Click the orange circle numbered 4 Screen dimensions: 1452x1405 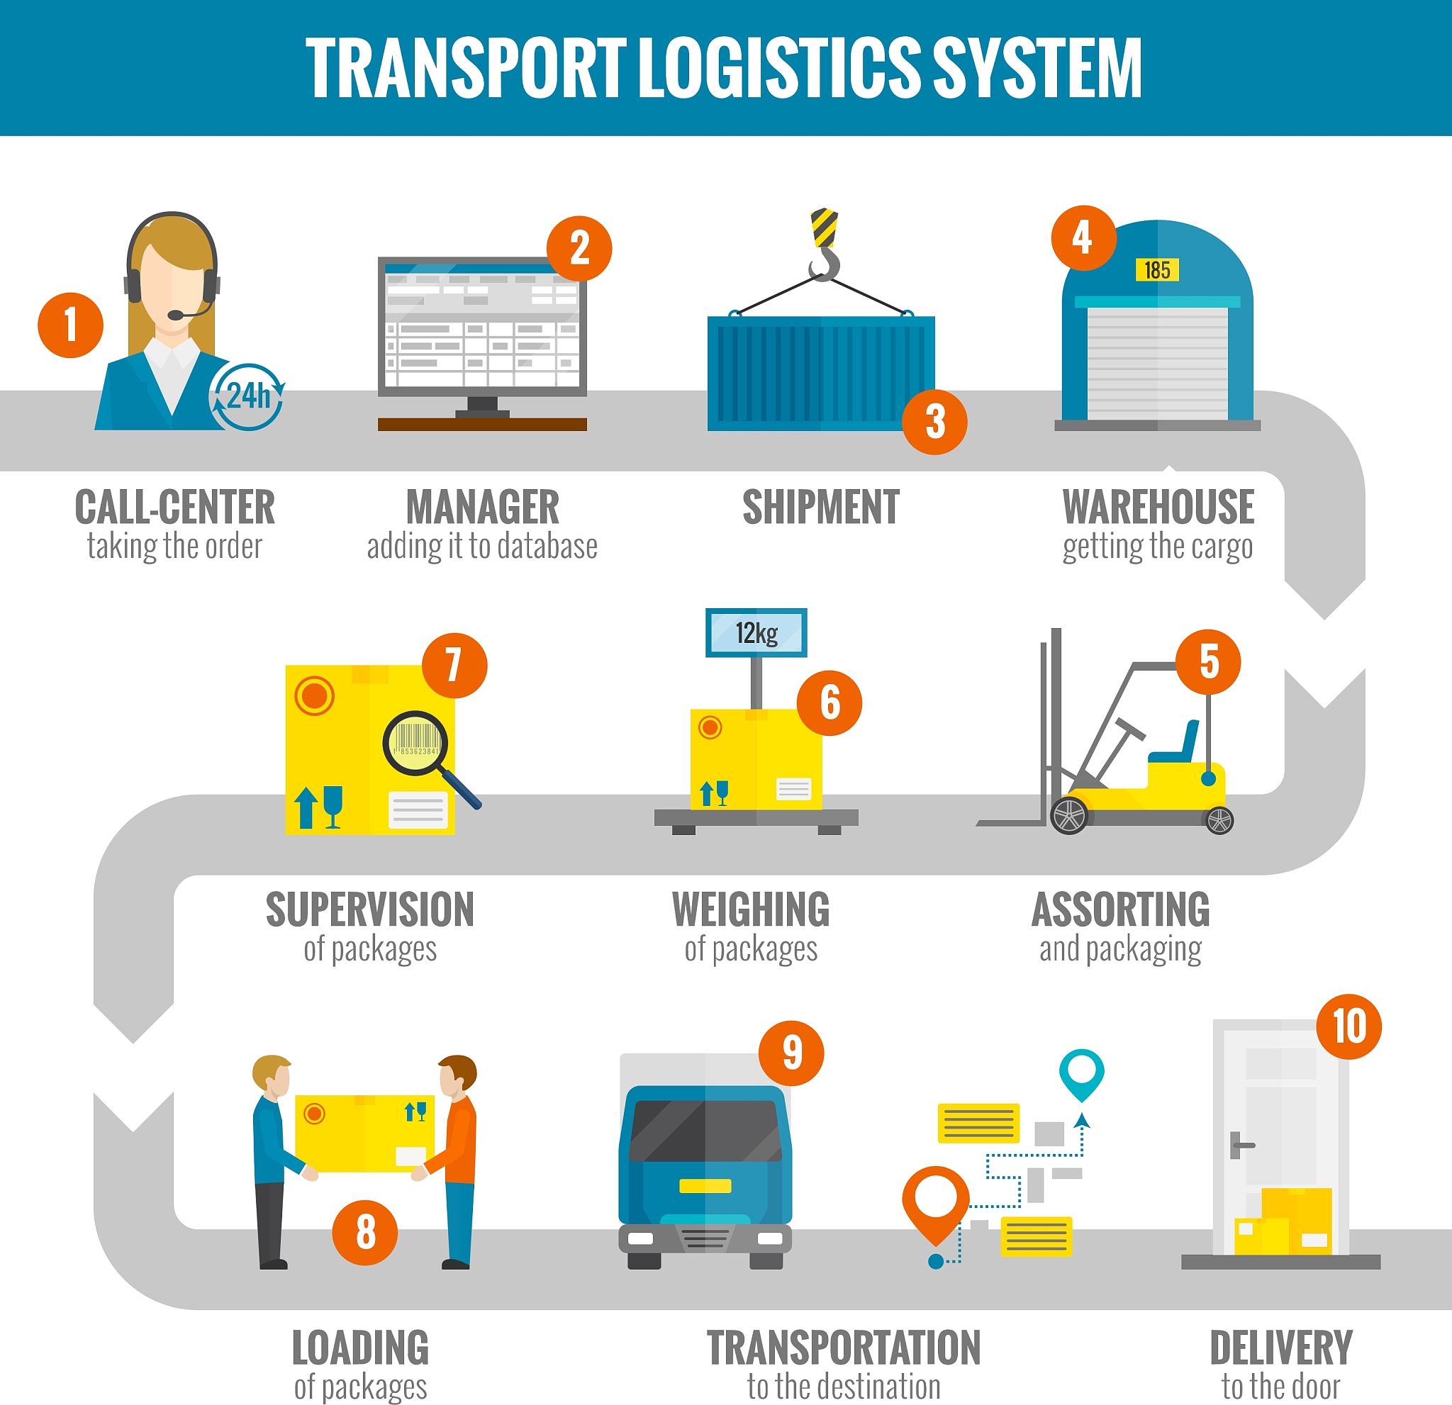tap(1083, 237)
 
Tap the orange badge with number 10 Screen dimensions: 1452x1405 tap(1348, 1026)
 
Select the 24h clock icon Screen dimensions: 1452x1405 tap(247, 396)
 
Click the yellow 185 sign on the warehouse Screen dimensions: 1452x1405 tap(1157, 270)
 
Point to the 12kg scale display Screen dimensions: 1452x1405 tap(756, 633)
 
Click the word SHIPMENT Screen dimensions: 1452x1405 tap(821, 508)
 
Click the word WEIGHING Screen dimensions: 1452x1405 tap(752, 909)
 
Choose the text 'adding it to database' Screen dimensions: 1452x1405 tap(482, 547)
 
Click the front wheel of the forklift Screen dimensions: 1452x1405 tap(1069, 815)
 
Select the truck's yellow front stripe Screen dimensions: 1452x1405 tap(705, 1186)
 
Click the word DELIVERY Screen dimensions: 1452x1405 tap(1281, 1348)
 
